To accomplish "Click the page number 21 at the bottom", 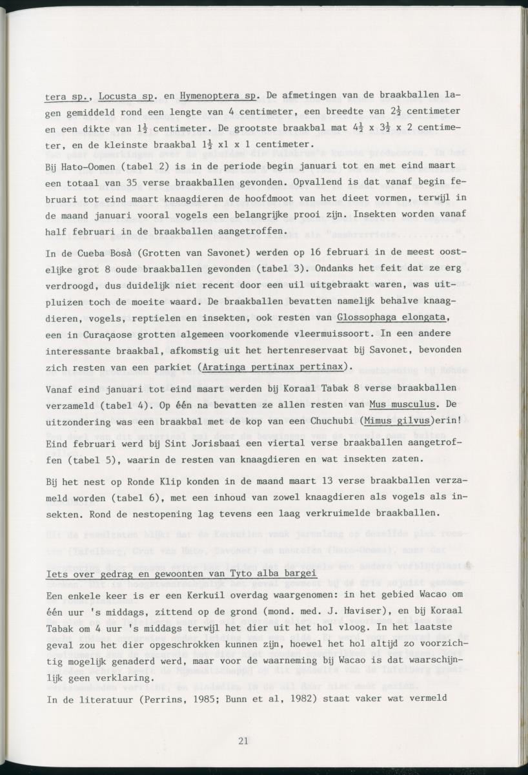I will (x=243, y=740).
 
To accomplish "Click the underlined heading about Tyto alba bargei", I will (x=182, y=575).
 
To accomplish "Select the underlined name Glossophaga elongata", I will (x=392, y=317).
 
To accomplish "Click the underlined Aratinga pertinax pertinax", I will (x=274, y=367).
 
